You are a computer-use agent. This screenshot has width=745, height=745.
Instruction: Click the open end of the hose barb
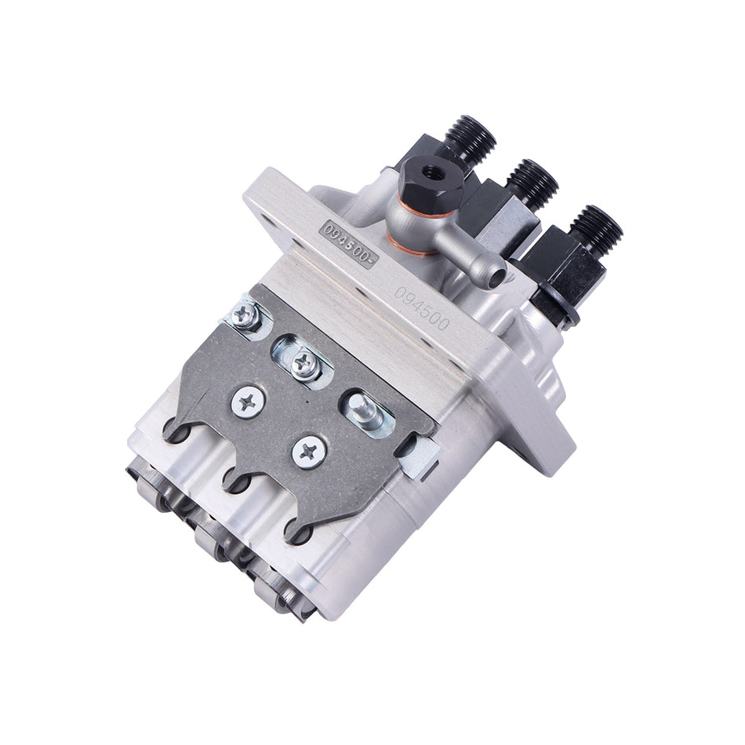(495, 274)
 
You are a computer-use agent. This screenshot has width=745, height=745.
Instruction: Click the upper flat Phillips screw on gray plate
(248, 402)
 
